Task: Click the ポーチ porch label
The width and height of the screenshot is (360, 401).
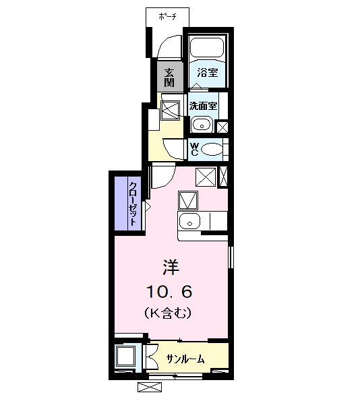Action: pos(168,16)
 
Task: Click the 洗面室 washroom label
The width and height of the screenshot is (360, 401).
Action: pos(202,106)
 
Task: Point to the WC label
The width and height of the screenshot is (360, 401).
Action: pos(193,148)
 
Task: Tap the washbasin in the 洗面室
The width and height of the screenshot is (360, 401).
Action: pos(200,124)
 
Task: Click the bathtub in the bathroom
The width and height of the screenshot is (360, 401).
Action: pos(206,48)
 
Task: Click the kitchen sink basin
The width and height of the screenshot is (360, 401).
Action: pos(190,221)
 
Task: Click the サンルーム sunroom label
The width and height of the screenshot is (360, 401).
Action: pos(185,359)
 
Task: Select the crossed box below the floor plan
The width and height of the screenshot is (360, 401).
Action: pos(150,388)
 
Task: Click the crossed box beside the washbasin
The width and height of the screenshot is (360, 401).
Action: pos(221,125)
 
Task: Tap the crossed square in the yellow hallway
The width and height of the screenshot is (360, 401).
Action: pos(171,110)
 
